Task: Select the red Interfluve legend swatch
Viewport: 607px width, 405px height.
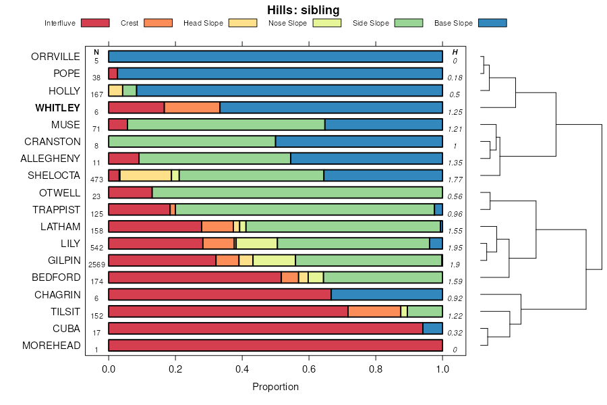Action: tap(95, 23)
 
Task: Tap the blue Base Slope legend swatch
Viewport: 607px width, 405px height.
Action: tap(492, 23)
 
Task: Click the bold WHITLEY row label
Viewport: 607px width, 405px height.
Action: tap(58, 108)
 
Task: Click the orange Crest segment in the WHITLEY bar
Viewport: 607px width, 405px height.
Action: tap(192, 108)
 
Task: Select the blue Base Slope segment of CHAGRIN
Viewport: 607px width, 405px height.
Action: tap(386, 295)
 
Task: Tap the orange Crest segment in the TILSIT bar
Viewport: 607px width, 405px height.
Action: tap(374, 312)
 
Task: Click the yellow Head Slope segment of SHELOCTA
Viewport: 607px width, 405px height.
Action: tap(145, 175)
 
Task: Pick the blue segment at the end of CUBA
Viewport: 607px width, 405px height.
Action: tap(432, 329)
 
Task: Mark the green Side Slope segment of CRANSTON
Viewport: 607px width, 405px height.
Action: tap(192, 142)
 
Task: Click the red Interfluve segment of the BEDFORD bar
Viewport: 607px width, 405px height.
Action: tap(195, 277)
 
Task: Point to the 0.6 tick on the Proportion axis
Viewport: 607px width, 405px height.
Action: tap(376, 369)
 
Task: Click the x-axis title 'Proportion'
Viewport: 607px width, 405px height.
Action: tap(275, 387)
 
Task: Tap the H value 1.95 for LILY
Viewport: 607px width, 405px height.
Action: tap(455, 248)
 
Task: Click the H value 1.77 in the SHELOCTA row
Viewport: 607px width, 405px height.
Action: tap(455, 180)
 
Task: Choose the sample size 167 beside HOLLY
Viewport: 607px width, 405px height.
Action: tap(96, 94)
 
